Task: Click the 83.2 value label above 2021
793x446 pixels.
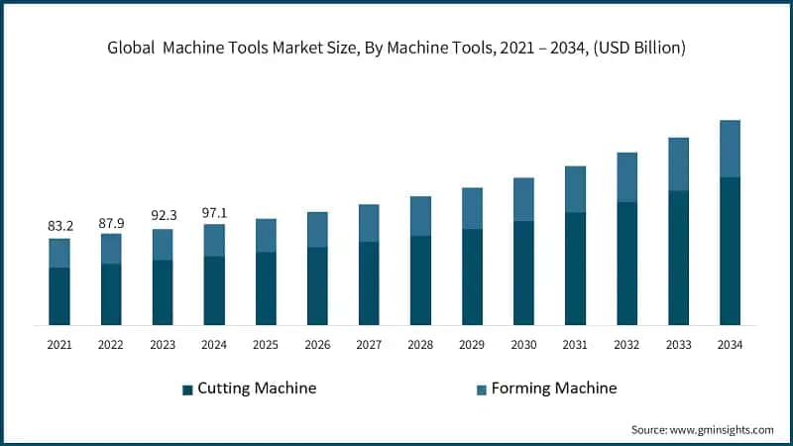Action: tap(59, 227)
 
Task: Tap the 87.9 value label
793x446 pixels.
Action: tap(111, 222)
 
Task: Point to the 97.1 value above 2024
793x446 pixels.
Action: tap(214, 212)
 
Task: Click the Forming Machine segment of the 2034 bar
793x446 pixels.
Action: tap(730, 149)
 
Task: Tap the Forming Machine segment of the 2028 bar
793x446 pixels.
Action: tap(420, 216)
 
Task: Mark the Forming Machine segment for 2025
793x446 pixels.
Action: tap(266, 236)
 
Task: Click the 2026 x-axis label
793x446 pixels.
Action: tap(317, 345)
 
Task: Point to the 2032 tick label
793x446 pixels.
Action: tap(626, 345)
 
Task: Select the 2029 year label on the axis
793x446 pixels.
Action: tap(472, 345)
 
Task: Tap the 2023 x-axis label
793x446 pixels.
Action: tap(163, 345)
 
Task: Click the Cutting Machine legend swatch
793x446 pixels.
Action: tap(187, 390)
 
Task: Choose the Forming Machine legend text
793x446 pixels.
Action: tap(556, 389)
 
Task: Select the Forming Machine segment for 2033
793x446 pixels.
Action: tap(678, 165)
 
